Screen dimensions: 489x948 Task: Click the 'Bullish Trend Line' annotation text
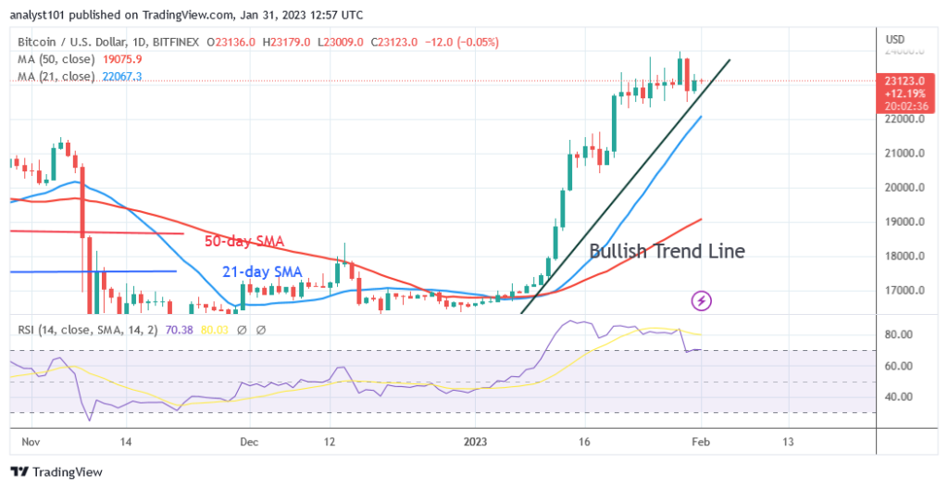pos(667,251)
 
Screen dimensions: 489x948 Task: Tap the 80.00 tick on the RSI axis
pos(903,334)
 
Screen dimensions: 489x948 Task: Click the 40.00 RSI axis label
pos(903,397)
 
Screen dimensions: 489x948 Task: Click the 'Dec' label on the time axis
pos(248,442)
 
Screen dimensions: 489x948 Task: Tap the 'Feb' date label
pos(702,442)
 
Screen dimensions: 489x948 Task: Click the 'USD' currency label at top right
pos(895,39)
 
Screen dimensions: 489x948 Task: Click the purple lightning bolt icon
pos(702,300)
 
